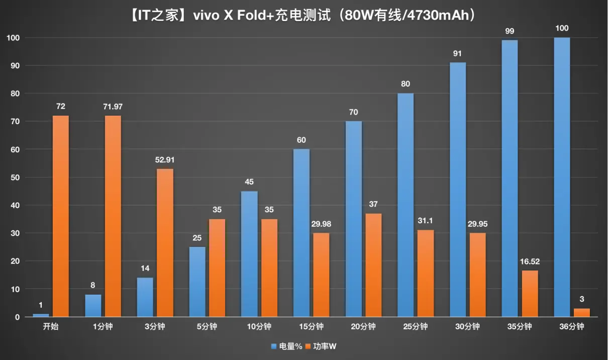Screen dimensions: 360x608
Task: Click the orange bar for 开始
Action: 61,216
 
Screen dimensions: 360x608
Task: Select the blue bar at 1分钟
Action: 93,306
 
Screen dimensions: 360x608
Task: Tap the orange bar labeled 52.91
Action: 165,243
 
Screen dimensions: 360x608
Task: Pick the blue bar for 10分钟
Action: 249,254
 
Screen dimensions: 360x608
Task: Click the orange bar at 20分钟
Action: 373,265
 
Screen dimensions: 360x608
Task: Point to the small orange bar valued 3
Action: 582,313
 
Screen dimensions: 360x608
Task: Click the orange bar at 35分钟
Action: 530,294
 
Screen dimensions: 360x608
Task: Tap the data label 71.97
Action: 113,107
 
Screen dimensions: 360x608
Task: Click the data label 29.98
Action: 321,224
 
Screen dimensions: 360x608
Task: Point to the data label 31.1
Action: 426,221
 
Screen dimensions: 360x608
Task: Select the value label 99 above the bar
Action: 510,31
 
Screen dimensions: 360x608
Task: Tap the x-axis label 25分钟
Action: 416,327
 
